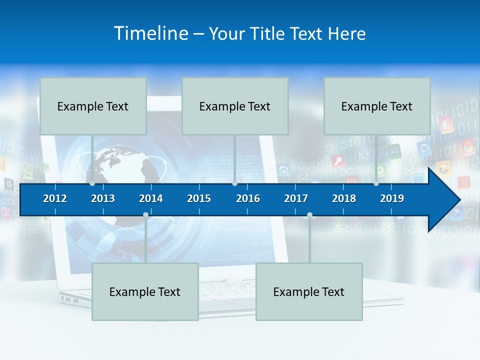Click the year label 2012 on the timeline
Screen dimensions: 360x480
[55, 198]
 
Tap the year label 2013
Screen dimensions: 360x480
[103, 198]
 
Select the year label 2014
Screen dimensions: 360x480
[151, 198]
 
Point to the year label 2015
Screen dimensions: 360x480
[199, 198]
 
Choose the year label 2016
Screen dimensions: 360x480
[248, 198]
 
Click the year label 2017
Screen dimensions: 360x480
[296, 198]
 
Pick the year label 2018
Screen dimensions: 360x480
[344, 198]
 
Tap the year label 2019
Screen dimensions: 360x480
[392, 198]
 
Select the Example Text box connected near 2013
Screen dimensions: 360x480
[93, 106]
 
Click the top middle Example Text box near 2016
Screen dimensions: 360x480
[235, 106]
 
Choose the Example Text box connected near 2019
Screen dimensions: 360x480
[377, 106]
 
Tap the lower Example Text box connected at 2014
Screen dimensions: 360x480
[145, 291]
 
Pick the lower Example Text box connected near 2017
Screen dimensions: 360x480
[309, 291]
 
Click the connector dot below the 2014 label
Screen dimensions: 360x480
[145, 215]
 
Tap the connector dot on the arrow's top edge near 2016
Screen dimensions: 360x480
[234, 183]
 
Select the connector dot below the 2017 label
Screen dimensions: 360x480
[309, 215]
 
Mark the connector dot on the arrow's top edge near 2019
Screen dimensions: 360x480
[376, 183]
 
